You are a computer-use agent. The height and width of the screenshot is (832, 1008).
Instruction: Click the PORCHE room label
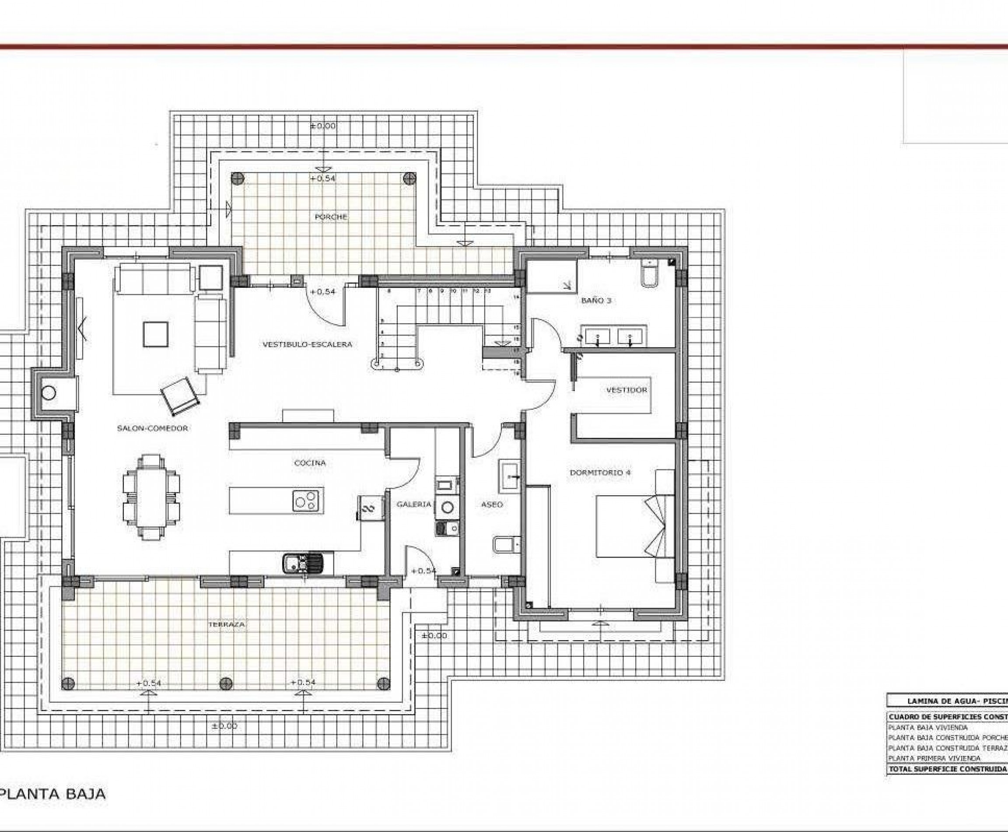click(x=330, y=217)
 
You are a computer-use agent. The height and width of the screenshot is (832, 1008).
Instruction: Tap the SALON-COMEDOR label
click(x=152, y=428)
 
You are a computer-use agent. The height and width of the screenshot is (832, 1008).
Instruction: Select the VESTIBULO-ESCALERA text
click(x=307, y=344)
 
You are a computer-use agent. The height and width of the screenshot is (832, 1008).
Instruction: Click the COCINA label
click(x=310, y=463)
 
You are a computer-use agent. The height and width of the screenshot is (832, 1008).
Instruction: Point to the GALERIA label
click(x=414, y=504)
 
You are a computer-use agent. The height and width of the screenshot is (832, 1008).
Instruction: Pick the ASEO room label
click(x=491, y=504)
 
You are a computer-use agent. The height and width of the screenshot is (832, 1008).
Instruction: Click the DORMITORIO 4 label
click(x=599, y=472)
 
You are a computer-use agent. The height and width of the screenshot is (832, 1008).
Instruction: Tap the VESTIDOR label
click(x=626, y=390)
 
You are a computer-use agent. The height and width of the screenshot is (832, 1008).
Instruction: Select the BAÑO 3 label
click(x=596, y=301)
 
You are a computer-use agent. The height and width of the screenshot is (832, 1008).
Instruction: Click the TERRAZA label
click(x=227, y=624)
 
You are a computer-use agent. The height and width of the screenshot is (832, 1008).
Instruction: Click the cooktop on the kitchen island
click(x=305, y=501)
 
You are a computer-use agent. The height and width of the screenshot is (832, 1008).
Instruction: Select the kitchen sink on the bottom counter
click(x=303, y=562)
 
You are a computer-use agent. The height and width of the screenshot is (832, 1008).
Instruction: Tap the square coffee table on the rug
click(x=156, y=334)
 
